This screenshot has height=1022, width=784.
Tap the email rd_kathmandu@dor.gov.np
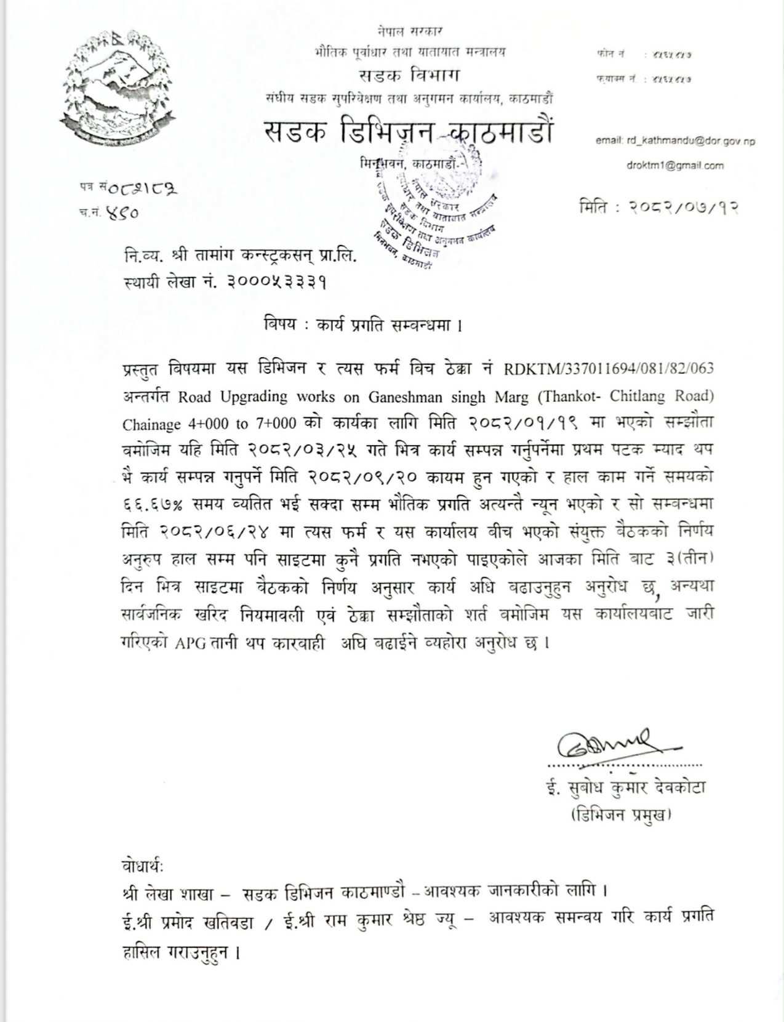pyautogui.click(x=675, y=141)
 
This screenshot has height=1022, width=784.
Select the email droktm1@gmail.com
pyautogui.click(x=675, y=165)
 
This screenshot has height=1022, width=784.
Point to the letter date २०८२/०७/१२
pyautogui.click(x=684, y=207)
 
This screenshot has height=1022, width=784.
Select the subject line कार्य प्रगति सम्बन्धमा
pyautogui.click(x=388, y=324)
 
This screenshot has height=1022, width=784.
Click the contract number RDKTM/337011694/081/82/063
pyautogui.click(x=609, y=369)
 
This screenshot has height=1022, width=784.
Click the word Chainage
pyautogui.click(x=151, y=424)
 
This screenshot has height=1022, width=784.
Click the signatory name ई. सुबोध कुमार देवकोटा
pyautogui.click(x=627, y=788)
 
